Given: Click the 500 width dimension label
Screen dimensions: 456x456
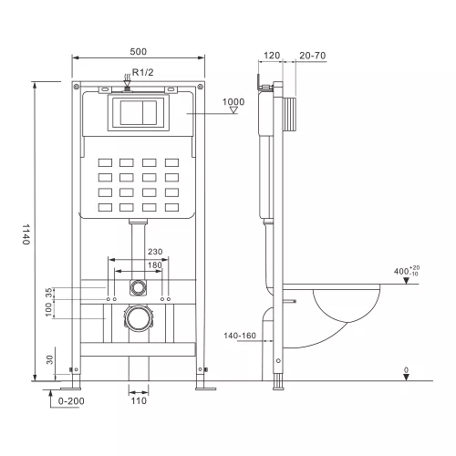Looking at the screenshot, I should click(x=138, y=52).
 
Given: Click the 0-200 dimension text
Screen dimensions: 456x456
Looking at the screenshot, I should click(x=70, y=401).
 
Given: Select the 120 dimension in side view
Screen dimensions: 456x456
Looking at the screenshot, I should click(x=272, y=55).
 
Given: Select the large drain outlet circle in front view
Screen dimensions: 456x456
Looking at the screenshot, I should click(x=137, y=319).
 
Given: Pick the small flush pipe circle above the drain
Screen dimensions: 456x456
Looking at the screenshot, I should click(x=137, y=286).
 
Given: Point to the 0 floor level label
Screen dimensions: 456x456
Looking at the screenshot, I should click(x=407, y=370).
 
